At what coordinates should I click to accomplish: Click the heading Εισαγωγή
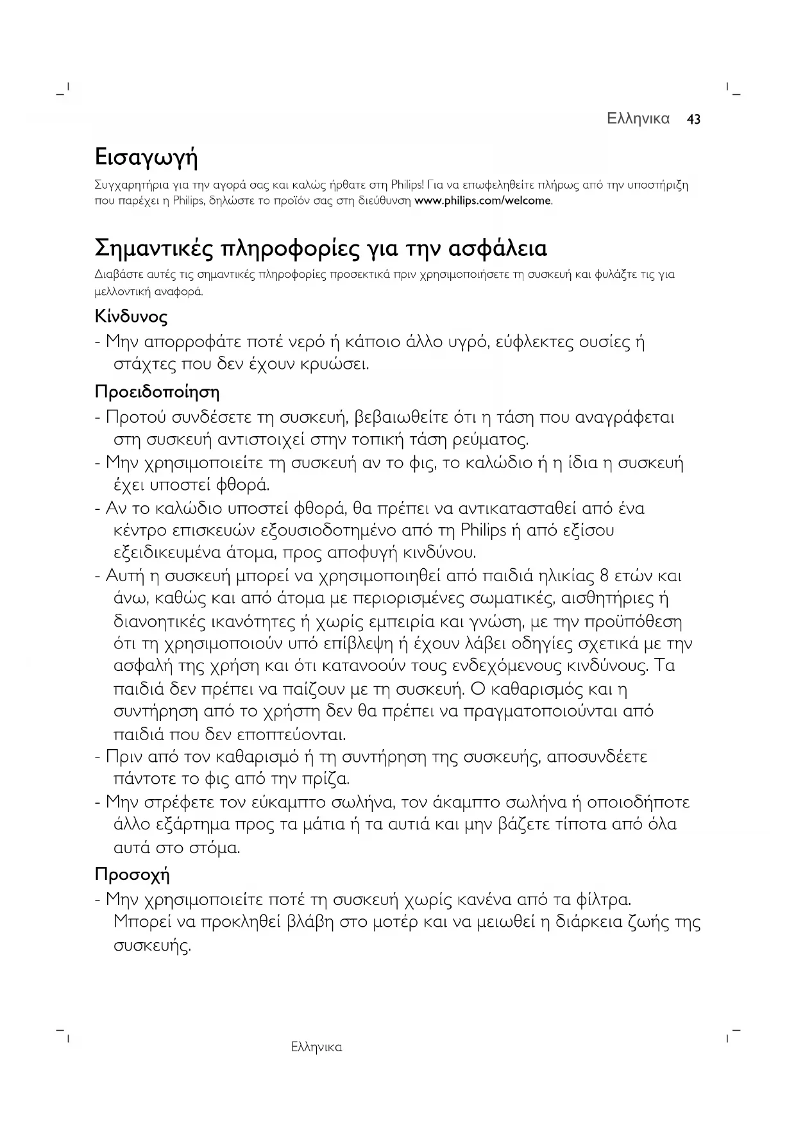click(x=146, y=157)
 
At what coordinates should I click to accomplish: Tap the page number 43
click(x=693, y=119)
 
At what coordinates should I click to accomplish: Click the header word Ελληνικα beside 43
click(x=638, y=119)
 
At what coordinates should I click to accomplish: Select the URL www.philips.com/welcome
click(x=482, y=201)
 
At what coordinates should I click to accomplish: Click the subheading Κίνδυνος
click(x=131, y=317)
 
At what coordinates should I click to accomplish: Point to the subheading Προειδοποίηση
click(x=157, y=391)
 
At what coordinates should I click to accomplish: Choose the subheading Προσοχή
click(x=132, y=875)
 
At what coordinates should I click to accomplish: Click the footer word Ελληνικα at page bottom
click(x=316, y=1047)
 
